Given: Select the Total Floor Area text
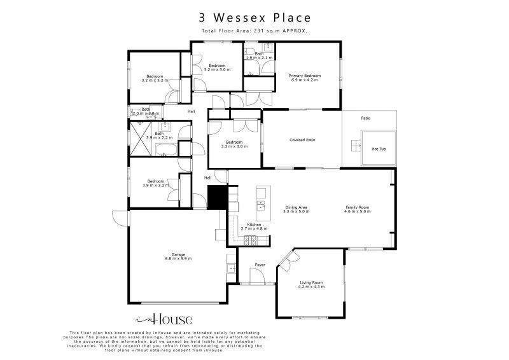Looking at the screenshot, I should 254,31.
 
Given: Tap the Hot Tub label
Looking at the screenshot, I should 378,149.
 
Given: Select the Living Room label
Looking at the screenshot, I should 311,284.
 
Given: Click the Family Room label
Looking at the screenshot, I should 357,210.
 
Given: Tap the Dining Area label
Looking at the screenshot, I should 296,210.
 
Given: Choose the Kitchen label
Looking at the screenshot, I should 254,226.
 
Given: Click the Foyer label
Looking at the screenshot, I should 260,264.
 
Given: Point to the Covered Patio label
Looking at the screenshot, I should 302,140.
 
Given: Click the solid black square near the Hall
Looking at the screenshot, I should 217,197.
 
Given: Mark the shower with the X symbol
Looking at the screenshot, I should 140,139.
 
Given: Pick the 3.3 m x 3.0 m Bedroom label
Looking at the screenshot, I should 234,144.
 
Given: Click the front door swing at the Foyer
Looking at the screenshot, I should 257,276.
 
